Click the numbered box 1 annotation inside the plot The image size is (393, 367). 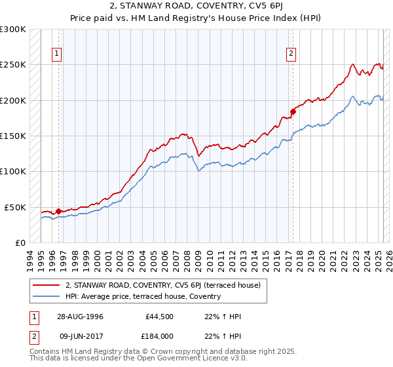(x=58, y=54)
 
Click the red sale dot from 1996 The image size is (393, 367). (x=58, y=211)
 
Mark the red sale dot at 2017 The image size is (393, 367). (x=293, y=111)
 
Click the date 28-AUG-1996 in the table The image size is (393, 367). (x=80, y=317)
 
